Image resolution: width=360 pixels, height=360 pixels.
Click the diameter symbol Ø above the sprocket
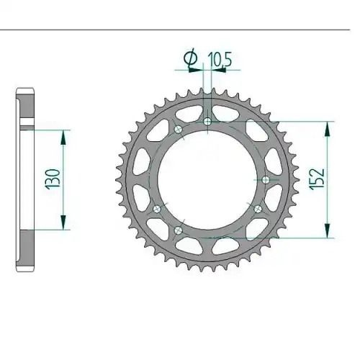pos(190,58)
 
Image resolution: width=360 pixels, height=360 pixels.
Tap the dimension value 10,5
pos(220,59)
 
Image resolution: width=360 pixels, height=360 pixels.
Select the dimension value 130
pos(53,179)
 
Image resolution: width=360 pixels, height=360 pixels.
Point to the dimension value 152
pos(318,179)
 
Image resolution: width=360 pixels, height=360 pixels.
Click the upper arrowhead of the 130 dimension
pos(63,137)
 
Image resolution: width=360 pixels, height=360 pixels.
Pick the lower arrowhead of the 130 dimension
pos(63,222)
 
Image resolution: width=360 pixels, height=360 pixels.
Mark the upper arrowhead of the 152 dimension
pos(327,129)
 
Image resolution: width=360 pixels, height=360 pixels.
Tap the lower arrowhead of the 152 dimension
pos(327,230)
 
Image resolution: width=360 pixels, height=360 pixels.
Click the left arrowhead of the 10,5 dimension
pos(196,70)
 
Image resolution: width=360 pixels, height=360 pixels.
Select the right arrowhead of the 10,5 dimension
pos(219,70)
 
